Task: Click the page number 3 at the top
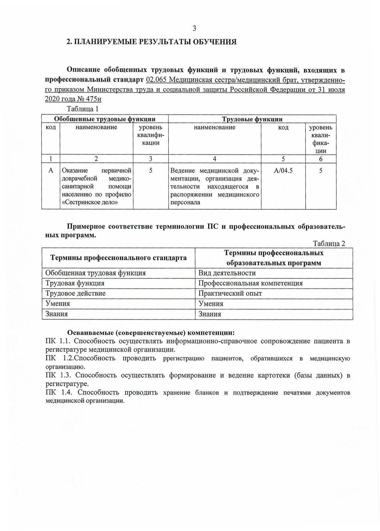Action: pos(194,29)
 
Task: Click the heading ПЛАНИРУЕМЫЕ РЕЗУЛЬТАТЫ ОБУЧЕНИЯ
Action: pos(155,42)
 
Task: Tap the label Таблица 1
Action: pos(83,109)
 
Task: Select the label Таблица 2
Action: pos(329,244)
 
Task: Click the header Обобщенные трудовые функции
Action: pos(105,119)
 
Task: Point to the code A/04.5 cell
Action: pos(283,171)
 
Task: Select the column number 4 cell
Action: pos(214,159)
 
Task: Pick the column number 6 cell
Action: pos(321,159)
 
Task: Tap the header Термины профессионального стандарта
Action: pos(118,258)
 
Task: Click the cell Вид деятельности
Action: pos(227,273)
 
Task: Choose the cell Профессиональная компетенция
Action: pos(250,283)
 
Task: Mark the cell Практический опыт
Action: pos(230,293)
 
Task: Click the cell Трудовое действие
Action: pos(75,293)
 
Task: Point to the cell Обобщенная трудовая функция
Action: pos(95,273)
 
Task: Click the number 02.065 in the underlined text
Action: pos(156,80)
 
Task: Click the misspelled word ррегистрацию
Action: pos(184,358)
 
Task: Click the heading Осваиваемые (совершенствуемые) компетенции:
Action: pos(151,333)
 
